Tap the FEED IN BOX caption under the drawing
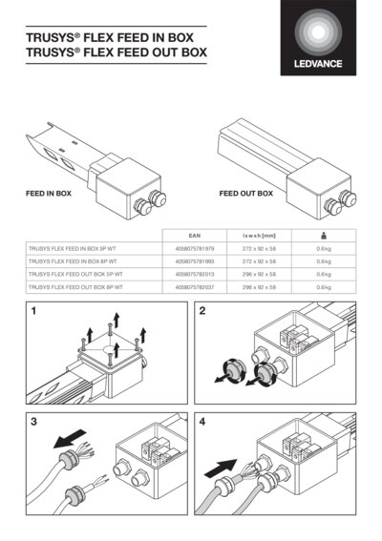49,194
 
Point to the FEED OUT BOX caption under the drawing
245,194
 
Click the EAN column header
193,233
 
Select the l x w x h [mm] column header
259,233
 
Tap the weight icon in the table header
323,233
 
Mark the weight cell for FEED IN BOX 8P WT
323,260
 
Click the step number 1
33,311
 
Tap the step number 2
202,311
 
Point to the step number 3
33,420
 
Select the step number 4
202,420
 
